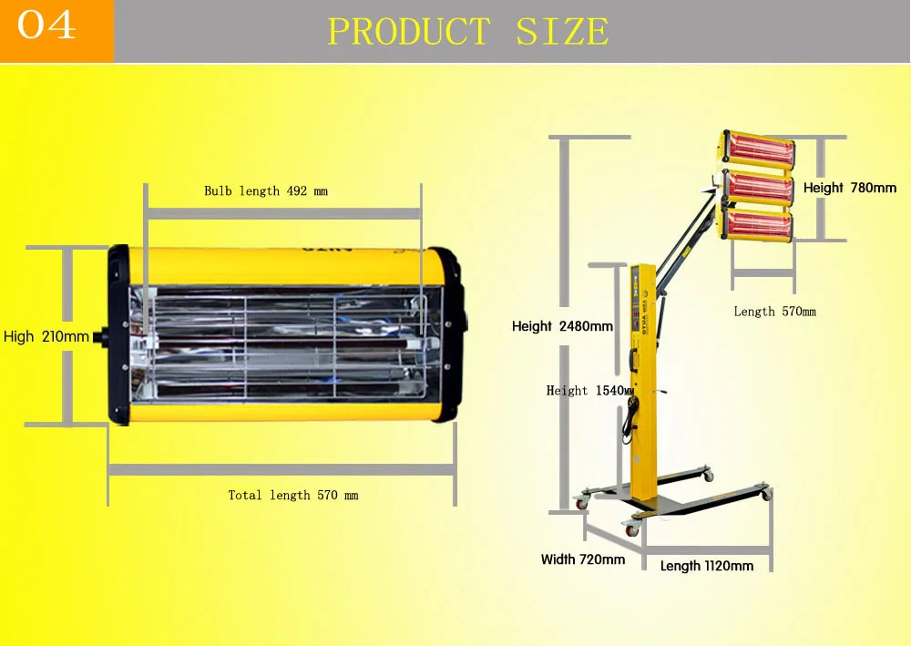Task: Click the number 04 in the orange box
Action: pyautogui.click(x=47, y=26)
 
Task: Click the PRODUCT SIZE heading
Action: pyautogui.click(x=467, y=32)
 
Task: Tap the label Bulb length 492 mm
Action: pyautogui.click(x=265, y=191)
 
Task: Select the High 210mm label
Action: pyautogui.click(x=46, y=337)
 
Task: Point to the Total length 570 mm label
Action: pyautogui.click(x=292, y=495)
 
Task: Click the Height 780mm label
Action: pyautogui.click(x=849, y=188)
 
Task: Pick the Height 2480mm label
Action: pyautogui.click(x=562, y=326)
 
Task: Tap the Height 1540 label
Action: pyautogui.click(x=589, y=390)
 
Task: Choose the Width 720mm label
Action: pyautogui.click(x=582, y=559)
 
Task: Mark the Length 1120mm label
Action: pyautogui.click(x=707, y=566)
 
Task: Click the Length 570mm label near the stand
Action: pyautogui.click(x=774, y=312)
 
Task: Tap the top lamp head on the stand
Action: pyautogui.click(x=758, y=149)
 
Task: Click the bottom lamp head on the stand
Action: pyautogui.click(x=756, y=224)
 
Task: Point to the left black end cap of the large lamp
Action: pyautogui.click(x=118, y=334)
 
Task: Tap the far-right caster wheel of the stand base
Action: pyautogui.click(x=764, y=494)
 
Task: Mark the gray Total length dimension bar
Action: pyautogui.click(x=281, y=469)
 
